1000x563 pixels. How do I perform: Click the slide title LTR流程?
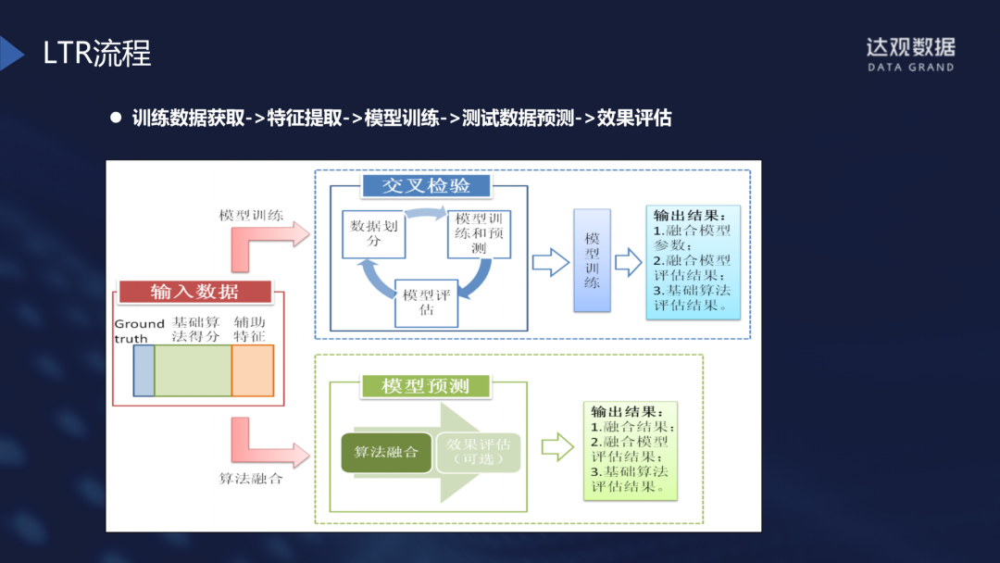(96, 53)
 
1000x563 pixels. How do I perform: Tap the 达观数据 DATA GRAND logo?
(910, 55)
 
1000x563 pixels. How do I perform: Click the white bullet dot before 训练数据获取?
(116, 118)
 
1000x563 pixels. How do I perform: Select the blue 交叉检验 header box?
(426, 185)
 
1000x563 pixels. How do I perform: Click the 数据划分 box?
(374, 232)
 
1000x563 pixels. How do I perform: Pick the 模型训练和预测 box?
(479, 233)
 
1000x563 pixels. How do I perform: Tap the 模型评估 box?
(426, 302)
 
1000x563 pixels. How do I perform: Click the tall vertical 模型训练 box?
(593, 259)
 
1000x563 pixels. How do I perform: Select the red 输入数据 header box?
(194, 292)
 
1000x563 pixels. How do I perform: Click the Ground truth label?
(139, 331)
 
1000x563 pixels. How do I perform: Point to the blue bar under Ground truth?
(144, 370)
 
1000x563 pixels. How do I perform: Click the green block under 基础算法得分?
(193, 370)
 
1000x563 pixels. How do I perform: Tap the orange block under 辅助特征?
(253, 370)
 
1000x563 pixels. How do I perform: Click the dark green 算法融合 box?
(386, 452)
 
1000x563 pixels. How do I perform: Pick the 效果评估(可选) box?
(479, 452)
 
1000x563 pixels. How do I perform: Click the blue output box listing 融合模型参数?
(693, 262)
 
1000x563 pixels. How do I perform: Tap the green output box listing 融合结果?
(631, 451)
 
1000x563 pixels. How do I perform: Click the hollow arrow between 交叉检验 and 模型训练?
(550, 262)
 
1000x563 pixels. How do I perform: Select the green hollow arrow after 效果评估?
(557, 447)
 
